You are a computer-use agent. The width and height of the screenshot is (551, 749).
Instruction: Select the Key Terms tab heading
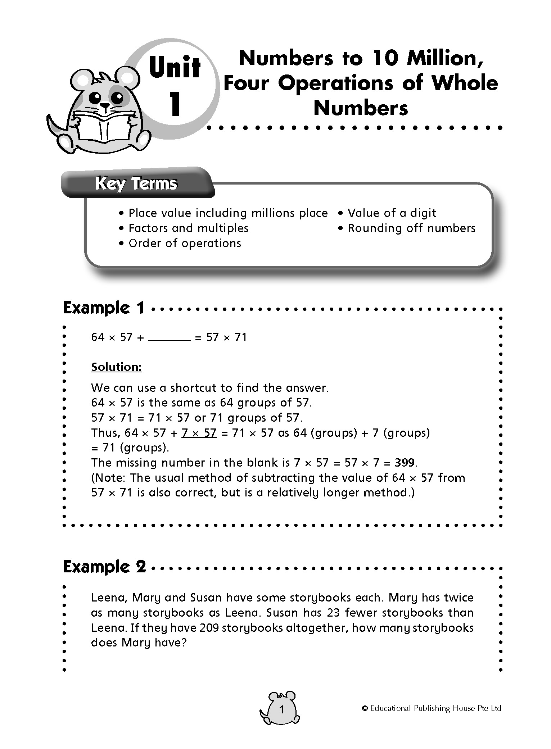pos(136,184)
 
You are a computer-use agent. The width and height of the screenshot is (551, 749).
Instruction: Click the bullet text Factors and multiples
pos(188,228)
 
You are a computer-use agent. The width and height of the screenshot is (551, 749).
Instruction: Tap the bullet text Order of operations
pos(185,243)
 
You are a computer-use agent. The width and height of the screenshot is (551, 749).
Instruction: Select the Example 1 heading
pos(104,308)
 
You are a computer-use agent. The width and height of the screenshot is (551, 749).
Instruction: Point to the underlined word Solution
pos(117,367)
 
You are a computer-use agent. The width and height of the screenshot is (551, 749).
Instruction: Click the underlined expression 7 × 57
pos(199,432)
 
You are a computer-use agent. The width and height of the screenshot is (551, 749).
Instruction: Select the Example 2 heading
pos(104,567)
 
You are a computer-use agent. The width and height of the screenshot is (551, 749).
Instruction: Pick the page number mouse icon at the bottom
pos(280,710)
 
